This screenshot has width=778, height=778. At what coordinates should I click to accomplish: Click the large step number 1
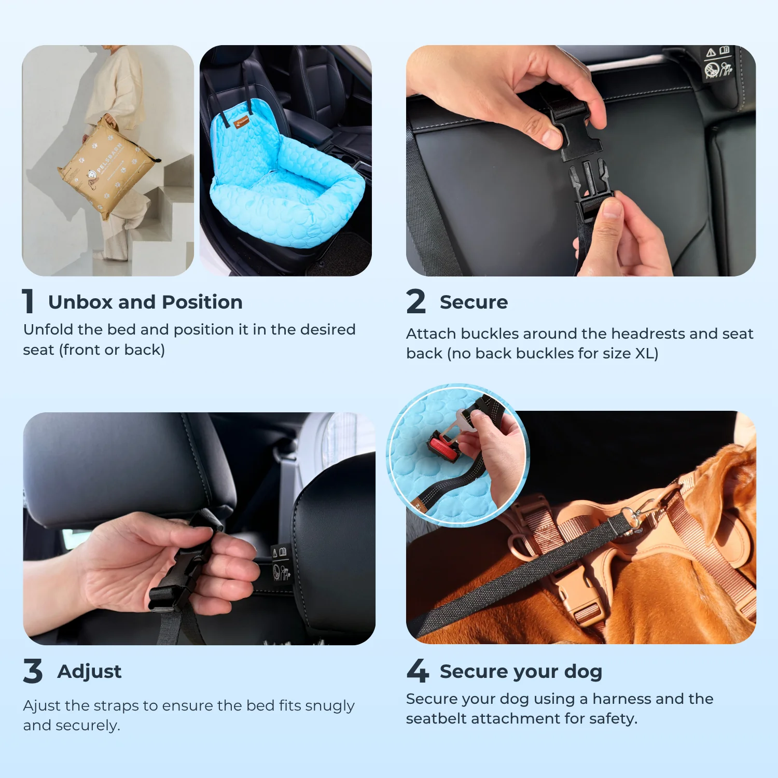(x=29, y=302)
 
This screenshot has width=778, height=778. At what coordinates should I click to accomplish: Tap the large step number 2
(x=416, y=302)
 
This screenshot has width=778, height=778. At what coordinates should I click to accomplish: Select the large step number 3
(x=33, y=671)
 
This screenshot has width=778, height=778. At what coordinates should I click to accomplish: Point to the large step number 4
(x=418, y=671)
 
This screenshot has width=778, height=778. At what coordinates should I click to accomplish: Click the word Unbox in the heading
(x=80, y=302)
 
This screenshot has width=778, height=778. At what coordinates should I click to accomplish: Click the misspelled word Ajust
(x=41, y=706)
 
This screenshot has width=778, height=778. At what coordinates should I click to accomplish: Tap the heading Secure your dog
(x=521, y=672)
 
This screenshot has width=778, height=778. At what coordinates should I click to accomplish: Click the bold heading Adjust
(x=89, y=672)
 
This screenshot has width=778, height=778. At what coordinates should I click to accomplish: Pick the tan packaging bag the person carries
(x=106, y=169)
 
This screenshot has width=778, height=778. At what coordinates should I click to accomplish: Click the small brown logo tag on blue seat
(x=242, y=123)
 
